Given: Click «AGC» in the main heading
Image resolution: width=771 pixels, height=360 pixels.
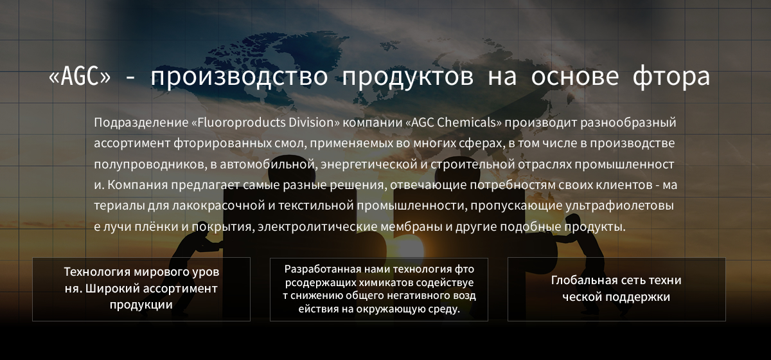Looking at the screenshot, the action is [x=80, y=76].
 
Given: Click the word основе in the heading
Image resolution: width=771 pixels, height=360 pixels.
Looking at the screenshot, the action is [x=575, y=76].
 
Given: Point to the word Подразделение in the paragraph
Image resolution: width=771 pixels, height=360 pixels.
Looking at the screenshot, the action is [x=141, y=123].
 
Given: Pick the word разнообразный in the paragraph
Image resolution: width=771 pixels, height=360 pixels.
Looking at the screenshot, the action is [x=628, y=123].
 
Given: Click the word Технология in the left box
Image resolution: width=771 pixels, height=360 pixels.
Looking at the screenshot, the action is [x=97, y=272].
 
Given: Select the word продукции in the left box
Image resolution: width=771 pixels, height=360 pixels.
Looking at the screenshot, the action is [x=141, y=305].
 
